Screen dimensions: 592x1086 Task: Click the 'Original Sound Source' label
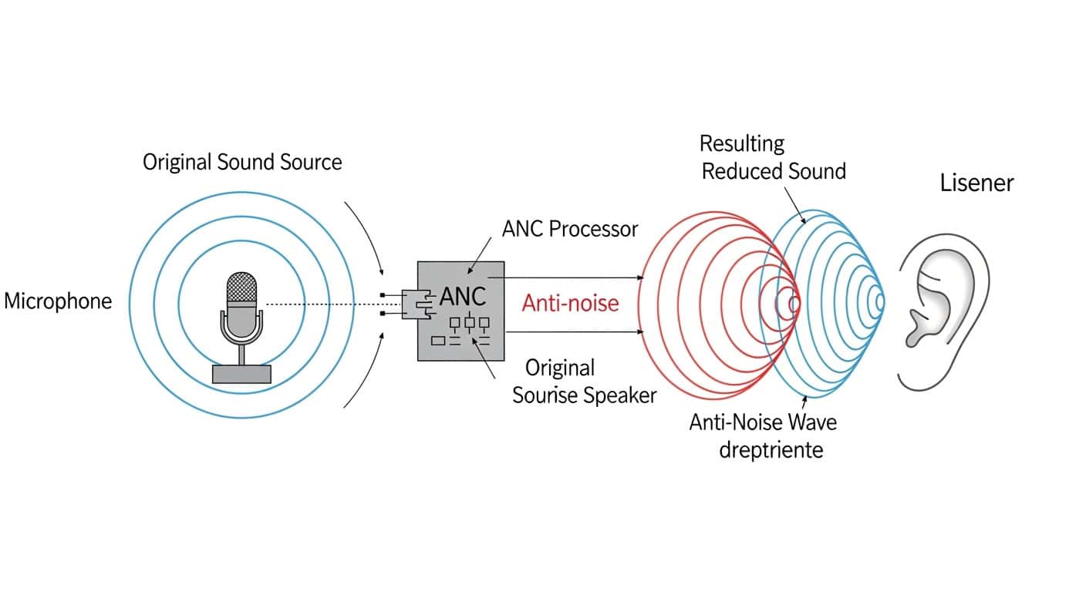pos(241,163)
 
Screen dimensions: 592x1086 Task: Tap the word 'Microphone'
pos(58,301)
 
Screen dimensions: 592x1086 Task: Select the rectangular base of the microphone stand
pos(241,374)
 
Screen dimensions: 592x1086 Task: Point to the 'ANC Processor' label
pos(570,229)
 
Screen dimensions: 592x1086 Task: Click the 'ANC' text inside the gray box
pos(463,297)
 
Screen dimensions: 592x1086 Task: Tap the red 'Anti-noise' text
pos(570,303)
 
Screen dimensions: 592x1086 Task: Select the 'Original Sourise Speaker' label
pos(584,382)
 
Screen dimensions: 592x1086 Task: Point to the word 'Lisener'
pos(976,183)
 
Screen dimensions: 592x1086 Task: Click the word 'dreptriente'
pos(771,449)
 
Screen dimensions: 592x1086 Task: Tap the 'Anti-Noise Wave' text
pos(762,422)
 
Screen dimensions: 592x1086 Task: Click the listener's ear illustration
pos(943,312)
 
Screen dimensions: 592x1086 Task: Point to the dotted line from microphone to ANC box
pos(324,304)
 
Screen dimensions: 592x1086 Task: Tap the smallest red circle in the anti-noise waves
pos(788,303)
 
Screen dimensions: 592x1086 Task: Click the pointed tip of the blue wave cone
pos(882,302)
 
